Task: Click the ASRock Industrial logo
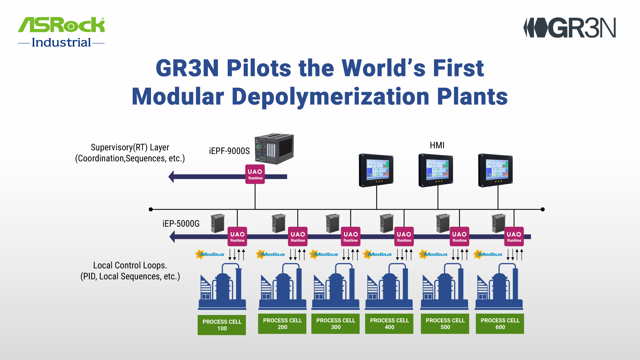(61, 32)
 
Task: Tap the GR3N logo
(570, 28)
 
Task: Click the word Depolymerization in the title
(330, 97)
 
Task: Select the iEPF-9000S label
(229, 151)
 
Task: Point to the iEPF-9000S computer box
(274, 149)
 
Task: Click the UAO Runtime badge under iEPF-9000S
(255, 174)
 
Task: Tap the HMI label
(437, 145)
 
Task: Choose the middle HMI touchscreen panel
(436, 170)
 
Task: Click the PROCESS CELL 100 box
(222, 325)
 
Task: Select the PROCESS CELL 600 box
(500, 324)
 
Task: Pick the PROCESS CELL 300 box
(335, 324)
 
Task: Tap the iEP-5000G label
(181, 224)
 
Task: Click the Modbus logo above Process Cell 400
(377, 254)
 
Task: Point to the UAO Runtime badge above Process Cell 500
(459, 237)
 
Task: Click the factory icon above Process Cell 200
(283, 287)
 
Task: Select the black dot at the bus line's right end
(543, 209)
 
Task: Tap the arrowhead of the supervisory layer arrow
(171, 177)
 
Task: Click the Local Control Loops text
(130, 265)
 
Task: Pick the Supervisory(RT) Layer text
(130, 147)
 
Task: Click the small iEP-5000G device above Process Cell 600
(498, 223)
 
